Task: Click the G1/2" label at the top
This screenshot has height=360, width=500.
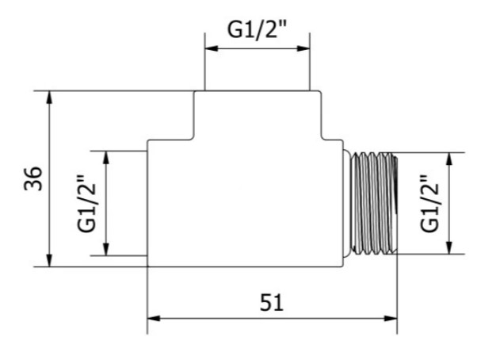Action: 257,30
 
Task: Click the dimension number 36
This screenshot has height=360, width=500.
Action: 32,178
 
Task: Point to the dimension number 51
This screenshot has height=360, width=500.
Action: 271,303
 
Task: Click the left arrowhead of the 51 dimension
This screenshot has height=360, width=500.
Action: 154,319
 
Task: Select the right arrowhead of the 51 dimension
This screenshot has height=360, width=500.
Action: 391,319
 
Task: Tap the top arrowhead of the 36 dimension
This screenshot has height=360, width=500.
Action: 49,98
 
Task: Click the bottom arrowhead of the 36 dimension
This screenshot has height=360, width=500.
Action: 49,260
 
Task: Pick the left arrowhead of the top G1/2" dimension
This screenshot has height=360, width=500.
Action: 211,48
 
